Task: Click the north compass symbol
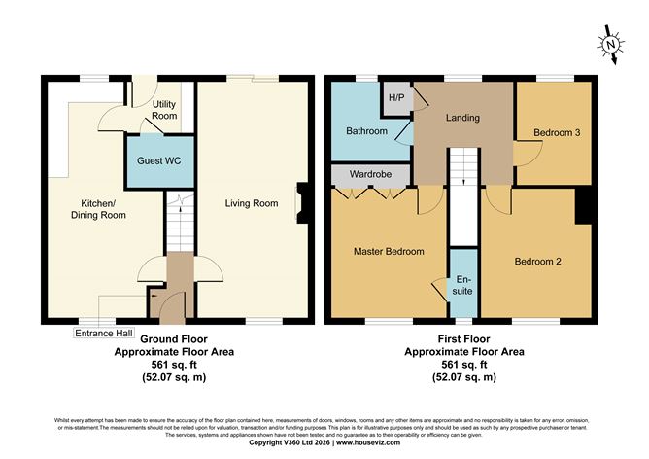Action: (609, 44)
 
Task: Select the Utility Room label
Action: (164, 110)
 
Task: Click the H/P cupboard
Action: (396, 98)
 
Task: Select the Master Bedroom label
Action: (388, 252)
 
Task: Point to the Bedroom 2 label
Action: (537, 261)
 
